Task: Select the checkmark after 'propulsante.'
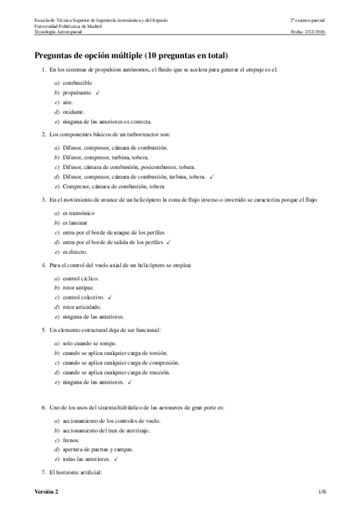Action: [97, 93]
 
